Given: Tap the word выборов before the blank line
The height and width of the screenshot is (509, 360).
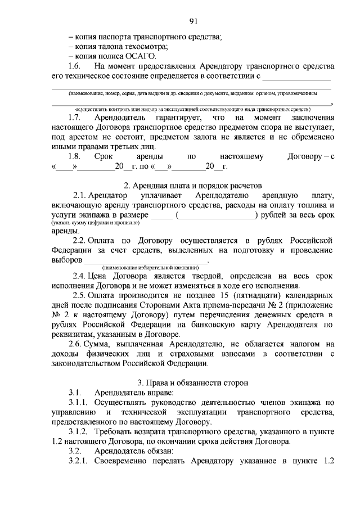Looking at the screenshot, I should [67, 259].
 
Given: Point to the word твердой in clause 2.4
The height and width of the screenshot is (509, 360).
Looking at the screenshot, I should [210, 277].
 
